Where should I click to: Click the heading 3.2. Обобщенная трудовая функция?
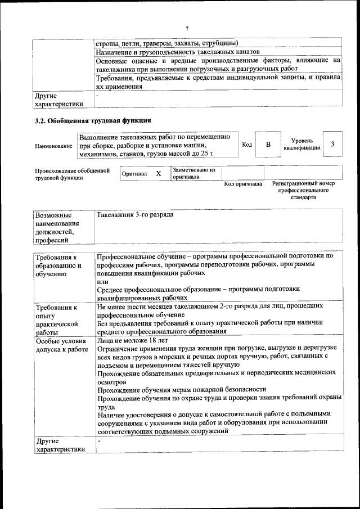click(x=93, y=120)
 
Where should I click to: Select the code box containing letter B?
click(x=268, y=145)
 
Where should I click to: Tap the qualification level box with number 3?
click(x=332, y=144)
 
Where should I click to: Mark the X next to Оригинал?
click(x=158, y=174)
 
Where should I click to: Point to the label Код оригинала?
click(x=243, y=184)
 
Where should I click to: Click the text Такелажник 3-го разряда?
click(x=135, y=215)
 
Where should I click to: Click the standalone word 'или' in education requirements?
click(x=102, y=281)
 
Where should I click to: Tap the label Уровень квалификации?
click(x=302, y=144)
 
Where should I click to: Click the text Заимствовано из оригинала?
click(x=193, y=173)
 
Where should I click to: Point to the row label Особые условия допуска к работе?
click(x=61, y=345)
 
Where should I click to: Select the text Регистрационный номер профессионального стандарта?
click(x=303, y=190)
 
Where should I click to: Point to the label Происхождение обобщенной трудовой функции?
click(x=71, y=174)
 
